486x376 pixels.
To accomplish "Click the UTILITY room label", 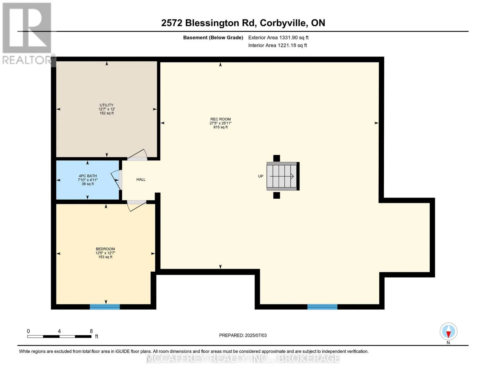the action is tap(106, 105).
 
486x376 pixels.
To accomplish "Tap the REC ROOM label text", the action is tap(220, 119).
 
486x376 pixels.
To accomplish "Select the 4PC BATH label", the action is tap(88, 176).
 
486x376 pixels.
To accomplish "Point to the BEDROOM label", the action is tap(105, 249).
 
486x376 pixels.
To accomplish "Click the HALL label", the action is tap(141, 179).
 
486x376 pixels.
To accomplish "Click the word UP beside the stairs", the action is tap(261, 176).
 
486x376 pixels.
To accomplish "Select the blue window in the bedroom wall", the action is tap(105, 306).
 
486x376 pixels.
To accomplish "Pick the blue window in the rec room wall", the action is tap(322, 306).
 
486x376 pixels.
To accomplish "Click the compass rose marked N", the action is tap(448, 332).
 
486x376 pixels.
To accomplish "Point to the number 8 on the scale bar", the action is tap(91, 331).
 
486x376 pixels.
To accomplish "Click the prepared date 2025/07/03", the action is tap(256, 335).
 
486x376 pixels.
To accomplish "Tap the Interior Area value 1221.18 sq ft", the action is tap(292, 45).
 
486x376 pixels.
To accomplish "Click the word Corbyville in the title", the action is tap(283, 23).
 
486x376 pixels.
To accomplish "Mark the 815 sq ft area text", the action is tap(220, 127).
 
